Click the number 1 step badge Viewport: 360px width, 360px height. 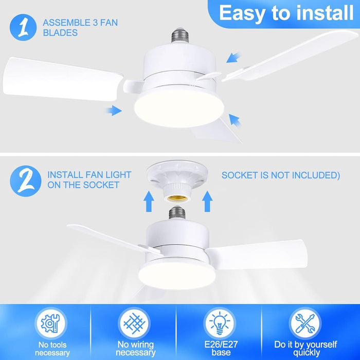[23, 27]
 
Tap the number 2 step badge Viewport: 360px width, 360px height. [26, 181]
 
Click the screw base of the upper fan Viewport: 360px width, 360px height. [180, 35]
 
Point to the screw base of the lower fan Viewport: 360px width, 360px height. [177, 212]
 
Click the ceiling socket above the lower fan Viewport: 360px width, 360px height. [177, 181]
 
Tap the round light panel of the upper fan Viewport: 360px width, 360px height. [179, 108]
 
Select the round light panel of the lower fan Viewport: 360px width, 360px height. [177, 276]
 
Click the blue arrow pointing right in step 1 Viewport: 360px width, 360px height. [114, 111]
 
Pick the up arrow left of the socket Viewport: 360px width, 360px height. [149, 202]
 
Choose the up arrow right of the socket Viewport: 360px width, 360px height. [207, 202]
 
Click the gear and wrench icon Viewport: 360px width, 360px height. [51, 323]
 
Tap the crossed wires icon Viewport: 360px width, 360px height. [134, 323]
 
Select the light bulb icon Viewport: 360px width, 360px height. [220, 323]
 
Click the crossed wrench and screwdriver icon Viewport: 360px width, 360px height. [305, 323]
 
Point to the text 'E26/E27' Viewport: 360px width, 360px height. [221, 344]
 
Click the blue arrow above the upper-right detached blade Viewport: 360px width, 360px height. [233, 58]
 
